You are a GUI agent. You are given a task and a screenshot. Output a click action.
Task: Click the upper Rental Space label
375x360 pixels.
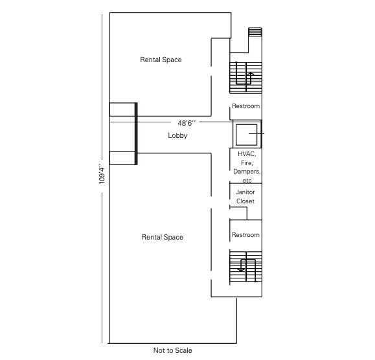161,60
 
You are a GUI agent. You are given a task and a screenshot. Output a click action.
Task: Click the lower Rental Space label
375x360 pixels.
162,237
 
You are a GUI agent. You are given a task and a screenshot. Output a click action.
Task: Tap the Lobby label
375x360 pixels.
177,135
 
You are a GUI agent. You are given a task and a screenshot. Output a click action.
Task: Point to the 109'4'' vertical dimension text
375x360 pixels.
102,173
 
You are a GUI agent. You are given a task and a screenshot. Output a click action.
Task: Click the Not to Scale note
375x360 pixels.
172,350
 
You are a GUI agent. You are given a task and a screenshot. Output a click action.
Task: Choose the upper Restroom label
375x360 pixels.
245,106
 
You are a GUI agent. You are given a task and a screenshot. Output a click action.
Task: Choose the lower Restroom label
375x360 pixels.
245,235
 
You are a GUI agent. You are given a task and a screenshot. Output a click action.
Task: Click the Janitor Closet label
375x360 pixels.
245,197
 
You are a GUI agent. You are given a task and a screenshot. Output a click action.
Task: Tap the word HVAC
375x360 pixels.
247,154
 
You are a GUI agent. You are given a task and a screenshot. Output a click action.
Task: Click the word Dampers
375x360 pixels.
247,172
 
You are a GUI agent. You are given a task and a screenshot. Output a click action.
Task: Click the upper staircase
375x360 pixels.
245,74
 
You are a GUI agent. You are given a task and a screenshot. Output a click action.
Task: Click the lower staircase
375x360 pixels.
245,267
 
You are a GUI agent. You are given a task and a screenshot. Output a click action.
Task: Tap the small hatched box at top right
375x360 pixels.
255,32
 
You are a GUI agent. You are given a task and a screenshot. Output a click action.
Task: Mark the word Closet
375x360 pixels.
245,201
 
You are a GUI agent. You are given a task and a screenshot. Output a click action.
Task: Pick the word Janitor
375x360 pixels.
245,192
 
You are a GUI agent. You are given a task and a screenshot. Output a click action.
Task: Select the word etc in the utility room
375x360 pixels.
246,181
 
